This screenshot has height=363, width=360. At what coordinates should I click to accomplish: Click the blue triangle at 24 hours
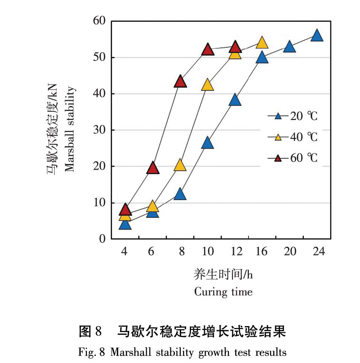coord(317,36)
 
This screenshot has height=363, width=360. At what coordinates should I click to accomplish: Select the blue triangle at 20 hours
coord(289,47)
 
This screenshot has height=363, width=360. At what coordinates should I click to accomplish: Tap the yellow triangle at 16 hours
coord(262,43)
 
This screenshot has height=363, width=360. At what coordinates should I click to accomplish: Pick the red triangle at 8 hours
coord(180,81)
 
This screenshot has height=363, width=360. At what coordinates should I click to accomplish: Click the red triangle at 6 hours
coord(153,168)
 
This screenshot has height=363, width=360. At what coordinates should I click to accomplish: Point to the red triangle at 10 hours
coord(207,49)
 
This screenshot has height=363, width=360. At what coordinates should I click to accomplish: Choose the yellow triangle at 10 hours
coord(207,85)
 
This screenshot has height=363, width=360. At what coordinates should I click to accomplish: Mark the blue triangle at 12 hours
coord(235,100)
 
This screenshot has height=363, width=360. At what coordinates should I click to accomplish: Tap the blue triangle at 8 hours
coord(180,194)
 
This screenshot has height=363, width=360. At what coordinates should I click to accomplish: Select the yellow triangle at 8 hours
coord(180,165)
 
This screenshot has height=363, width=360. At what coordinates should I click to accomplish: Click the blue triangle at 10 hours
coord(207,143)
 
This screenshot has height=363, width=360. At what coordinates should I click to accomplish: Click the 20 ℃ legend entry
coord(293,116)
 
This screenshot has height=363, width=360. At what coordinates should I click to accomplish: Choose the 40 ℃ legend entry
coord(293,137)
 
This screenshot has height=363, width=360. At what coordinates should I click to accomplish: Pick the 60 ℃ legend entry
coord(293,158)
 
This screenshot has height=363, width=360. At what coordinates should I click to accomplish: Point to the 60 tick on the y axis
coord(99,21)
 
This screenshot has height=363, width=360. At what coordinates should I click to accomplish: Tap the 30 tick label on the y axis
coord(99,130)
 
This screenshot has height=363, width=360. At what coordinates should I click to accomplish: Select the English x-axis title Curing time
coord(223,292)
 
